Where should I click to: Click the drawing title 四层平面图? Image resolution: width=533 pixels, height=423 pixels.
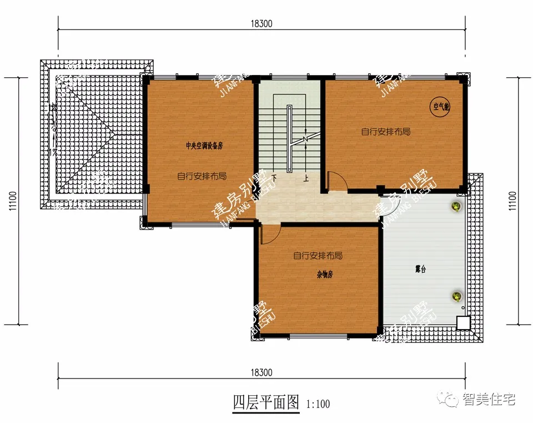point(266,402)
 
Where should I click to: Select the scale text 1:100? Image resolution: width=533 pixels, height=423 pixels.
point(318,404)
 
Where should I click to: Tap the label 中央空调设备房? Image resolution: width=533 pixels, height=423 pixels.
point(204,146)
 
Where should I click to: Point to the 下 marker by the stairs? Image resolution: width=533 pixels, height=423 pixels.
point(274,179)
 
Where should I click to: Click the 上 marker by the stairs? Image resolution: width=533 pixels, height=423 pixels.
point(305,179)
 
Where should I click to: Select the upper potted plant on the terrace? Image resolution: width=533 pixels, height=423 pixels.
point(455,207)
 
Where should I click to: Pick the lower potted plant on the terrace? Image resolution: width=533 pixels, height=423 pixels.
point(456,296)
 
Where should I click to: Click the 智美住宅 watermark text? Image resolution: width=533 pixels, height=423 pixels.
point(489,400)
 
